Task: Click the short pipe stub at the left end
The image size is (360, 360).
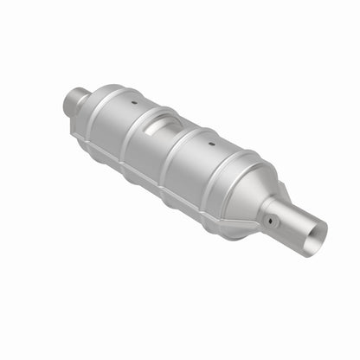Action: (x=75, y=103)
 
